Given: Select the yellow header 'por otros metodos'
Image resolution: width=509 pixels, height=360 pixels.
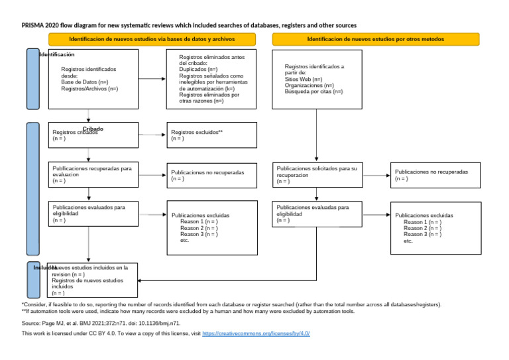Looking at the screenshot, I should coord(375,40).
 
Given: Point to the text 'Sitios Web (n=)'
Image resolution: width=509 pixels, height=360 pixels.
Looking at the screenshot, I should coord(304,80).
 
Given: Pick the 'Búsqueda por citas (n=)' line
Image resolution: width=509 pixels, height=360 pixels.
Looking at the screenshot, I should coord(313,91).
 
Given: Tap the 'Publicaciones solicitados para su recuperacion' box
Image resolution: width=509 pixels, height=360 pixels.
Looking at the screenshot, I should coord(317,174).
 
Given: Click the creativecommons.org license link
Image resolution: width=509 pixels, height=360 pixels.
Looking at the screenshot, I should coord(256,333).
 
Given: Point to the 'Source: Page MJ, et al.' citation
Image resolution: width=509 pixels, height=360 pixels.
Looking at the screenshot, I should coord(101,323).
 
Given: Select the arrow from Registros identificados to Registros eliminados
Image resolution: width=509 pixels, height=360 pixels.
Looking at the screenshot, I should coord(152,79).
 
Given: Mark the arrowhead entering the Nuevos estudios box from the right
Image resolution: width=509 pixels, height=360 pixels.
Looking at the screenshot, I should coord(141,280).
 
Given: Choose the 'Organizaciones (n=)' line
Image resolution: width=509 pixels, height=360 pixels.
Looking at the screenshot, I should coord(309,86).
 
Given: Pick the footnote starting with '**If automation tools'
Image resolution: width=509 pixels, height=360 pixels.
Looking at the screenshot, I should coord(188,311).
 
